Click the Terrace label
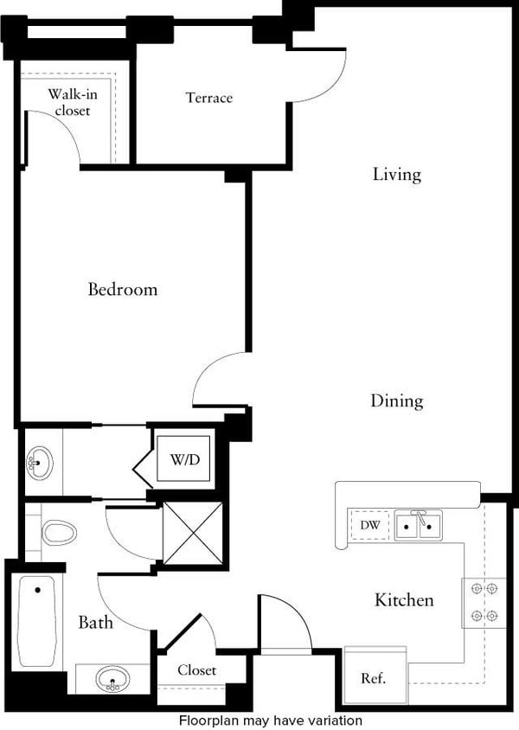[x=209, y=98]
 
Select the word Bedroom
[x=123, y=289]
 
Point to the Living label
[x=397, y=175]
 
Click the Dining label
[x=397, y=401]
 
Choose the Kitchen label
[x=404, y=599]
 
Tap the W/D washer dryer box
[x=183, y=459]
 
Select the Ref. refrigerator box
[x=374, y=677]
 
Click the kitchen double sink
[x=418, y=525]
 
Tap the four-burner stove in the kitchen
[x=484, y=603]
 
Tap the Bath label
[x=95, y=622]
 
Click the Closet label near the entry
[x=197, y=670]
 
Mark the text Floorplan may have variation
[x=270, y=720]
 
